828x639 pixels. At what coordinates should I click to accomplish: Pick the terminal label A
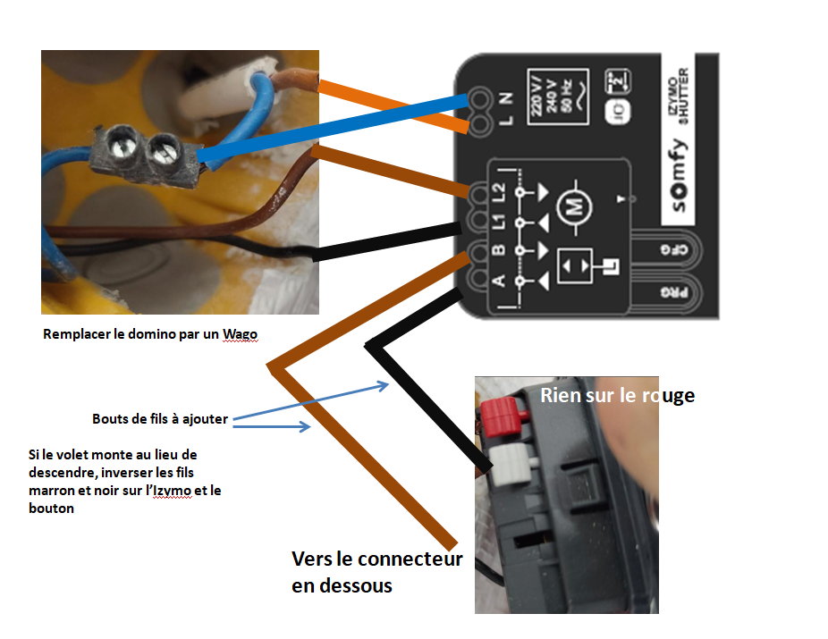[x=499, y=281]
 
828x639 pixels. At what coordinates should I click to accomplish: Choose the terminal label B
[x=499, y=249]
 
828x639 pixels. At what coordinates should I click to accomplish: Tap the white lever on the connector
[x=506, y=462]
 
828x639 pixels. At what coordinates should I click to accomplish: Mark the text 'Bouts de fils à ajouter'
[x=160, y=418]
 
